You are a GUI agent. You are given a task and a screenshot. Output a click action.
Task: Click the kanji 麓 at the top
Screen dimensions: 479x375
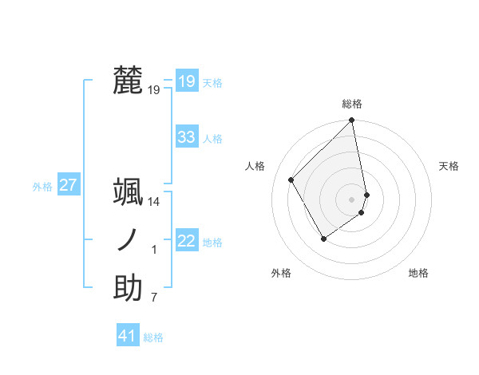tap(128, 81)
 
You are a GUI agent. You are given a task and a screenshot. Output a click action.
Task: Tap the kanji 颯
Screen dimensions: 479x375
tap(128, 193)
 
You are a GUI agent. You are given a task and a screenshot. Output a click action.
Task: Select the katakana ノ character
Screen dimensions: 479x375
tap(128, 241)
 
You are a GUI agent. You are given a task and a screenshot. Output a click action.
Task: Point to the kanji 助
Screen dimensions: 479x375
tap(128, 288)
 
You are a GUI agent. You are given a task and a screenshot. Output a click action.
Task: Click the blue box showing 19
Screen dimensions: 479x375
tap(187, 81)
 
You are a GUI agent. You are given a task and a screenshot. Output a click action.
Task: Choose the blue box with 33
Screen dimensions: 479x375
tap(187, 137)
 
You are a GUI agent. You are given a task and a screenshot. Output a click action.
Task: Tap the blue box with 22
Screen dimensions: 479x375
tap(187, 241)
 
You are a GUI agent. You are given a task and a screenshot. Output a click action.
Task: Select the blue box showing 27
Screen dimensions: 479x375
tap(69, 185)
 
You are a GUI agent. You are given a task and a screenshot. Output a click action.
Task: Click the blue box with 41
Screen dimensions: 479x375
tap(128, 336)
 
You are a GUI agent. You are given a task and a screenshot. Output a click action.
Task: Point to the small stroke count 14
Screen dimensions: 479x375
tap(154, 203)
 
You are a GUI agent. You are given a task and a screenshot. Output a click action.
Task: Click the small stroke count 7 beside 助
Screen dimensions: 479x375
tap(154, 298)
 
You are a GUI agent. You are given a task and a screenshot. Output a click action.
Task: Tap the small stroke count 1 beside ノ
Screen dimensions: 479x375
tap(154, 251)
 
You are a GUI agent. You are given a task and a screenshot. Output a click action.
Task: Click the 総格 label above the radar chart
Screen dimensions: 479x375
tap(352, 104)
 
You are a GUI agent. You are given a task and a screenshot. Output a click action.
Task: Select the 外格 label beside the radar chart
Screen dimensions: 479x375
tap(281, 274)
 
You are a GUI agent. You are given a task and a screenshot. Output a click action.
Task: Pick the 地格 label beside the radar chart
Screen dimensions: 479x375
tap(418, 274)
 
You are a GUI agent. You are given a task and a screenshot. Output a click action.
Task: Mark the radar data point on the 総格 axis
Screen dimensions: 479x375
tap(352, 121)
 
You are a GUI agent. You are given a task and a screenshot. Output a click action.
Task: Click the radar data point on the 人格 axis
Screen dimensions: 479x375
tap(291, 180)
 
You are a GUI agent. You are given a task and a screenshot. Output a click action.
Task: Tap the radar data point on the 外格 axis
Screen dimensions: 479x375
tap(323, 238)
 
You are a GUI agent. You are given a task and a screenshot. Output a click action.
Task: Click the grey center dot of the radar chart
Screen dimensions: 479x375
tap(352, 199)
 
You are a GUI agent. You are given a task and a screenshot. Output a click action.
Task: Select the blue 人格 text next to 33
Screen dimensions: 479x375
tap(213, 139)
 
